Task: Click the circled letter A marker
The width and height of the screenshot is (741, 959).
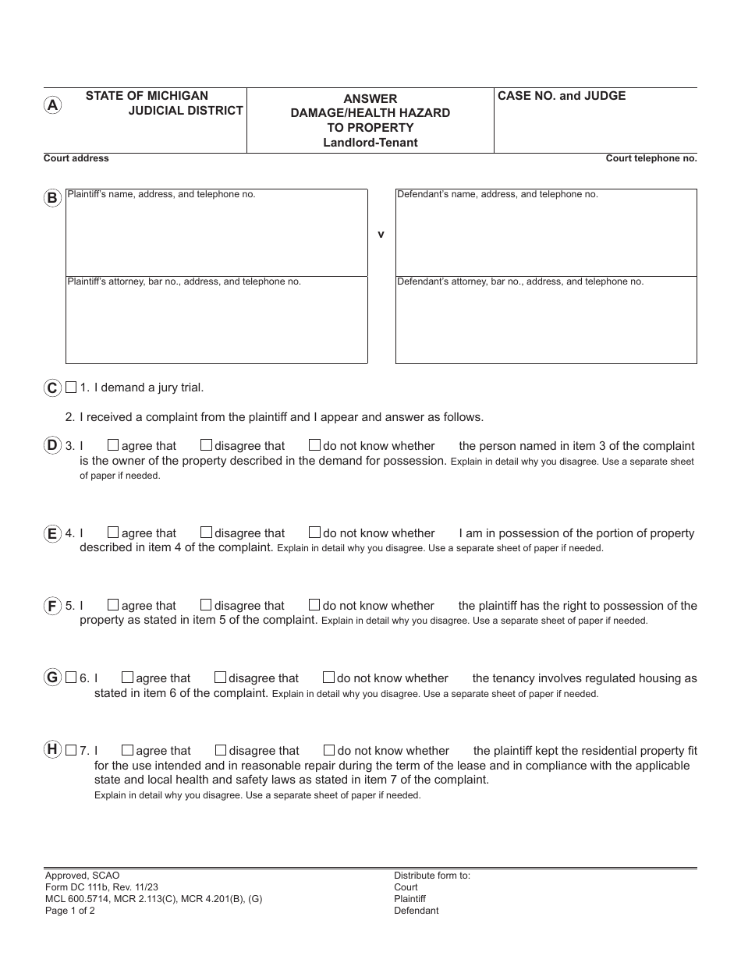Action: (52, 105)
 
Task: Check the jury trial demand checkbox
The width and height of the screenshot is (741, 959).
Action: (72, 387)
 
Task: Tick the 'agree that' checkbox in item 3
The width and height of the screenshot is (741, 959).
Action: (113, 445)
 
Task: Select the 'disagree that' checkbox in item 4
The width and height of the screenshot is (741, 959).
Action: (206, 533)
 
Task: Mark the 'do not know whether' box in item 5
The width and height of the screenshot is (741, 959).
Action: (314, 605)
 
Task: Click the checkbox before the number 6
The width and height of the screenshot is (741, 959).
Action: (72, 678)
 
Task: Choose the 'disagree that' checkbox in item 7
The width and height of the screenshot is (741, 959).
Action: (221, 750)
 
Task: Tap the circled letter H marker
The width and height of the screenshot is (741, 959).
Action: (52, 749)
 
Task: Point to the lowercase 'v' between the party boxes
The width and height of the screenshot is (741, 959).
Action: (381, 234)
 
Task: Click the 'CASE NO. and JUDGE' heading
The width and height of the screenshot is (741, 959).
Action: (562, 96)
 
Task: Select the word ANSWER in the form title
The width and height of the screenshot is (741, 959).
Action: (370, 99)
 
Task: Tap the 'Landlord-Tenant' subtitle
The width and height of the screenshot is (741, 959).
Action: (370, 143)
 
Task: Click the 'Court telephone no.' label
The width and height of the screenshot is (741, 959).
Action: (651, 158)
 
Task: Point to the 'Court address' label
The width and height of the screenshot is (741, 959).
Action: (76, 158)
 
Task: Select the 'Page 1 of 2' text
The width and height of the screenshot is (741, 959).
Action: (70, 911)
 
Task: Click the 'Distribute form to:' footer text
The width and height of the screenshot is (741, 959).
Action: (432, 876)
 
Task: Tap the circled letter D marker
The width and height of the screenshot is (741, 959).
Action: (52, 445)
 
